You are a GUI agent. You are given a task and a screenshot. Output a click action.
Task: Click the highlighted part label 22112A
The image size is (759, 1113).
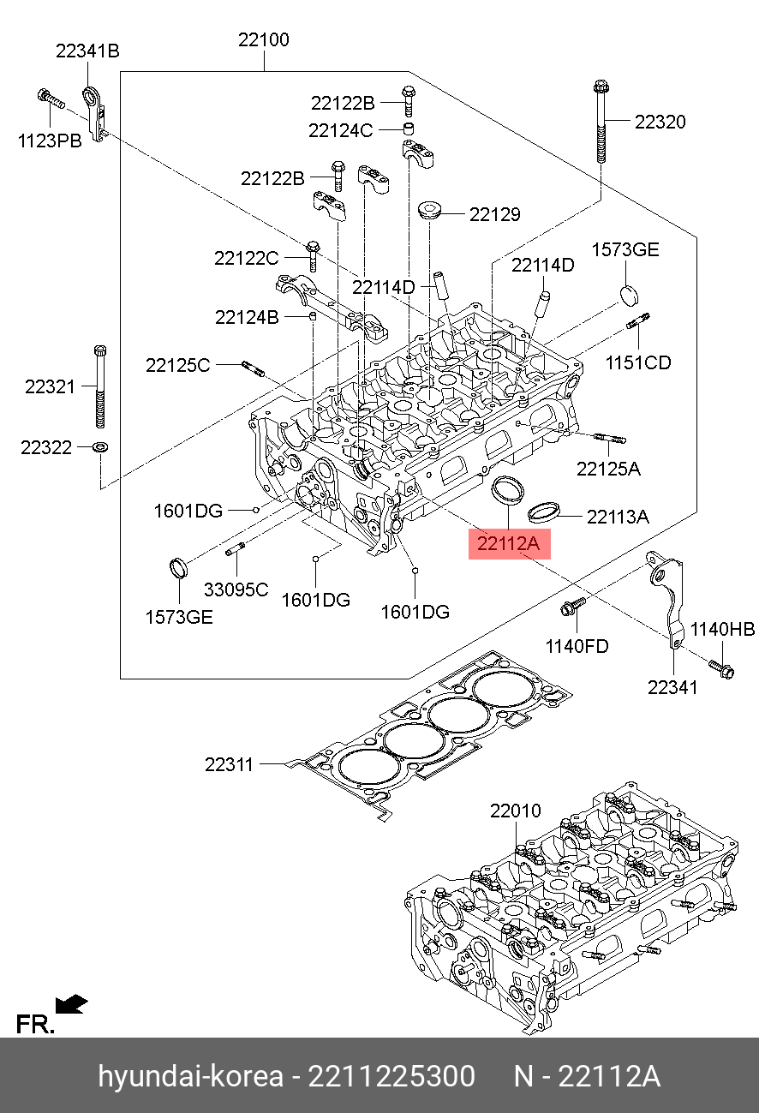(x=509, y=543)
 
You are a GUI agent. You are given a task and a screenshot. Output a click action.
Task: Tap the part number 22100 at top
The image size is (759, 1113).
(x=263, y=40)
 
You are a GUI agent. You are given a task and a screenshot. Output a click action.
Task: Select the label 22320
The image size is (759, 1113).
(x=660, y=122)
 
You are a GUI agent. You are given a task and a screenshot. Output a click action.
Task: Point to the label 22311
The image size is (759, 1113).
(x=229, y=764)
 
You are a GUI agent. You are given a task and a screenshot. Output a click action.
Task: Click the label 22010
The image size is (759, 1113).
(x=516, y=810)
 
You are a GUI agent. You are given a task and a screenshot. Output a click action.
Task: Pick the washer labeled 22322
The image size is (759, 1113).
(x=99, y=446)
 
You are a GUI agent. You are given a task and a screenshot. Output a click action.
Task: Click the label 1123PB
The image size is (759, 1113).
(x=50, y=141)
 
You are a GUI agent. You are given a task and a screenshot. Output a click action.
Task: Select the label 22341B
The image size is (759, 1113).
(x=87, y=51)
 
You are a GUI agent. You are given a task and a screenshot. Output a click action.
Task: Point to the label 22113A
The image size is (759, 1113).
(x=618, y=517)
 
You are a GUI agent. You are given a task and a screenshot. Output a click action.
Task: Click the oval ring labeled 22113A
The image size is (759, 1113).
(x=543, y=512)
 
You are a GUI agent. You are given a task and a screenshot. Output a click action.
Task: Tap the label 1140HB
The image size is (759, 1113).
(x=723, y=630)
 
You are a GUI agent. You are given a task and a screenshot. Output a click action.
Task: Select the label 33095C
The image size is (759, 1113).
(x=236, y=589)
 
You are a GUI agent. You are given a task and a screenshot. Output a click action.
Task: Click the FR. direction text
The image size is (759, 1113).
(x=35, y=1024)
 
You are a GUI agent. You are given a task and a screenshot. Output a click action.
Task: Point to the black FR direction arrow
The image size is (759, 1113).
(x=71, y=1002)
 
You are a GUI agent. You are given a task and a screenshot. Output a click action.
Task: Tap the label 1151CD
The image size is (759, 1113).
(x=638, y=362)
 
